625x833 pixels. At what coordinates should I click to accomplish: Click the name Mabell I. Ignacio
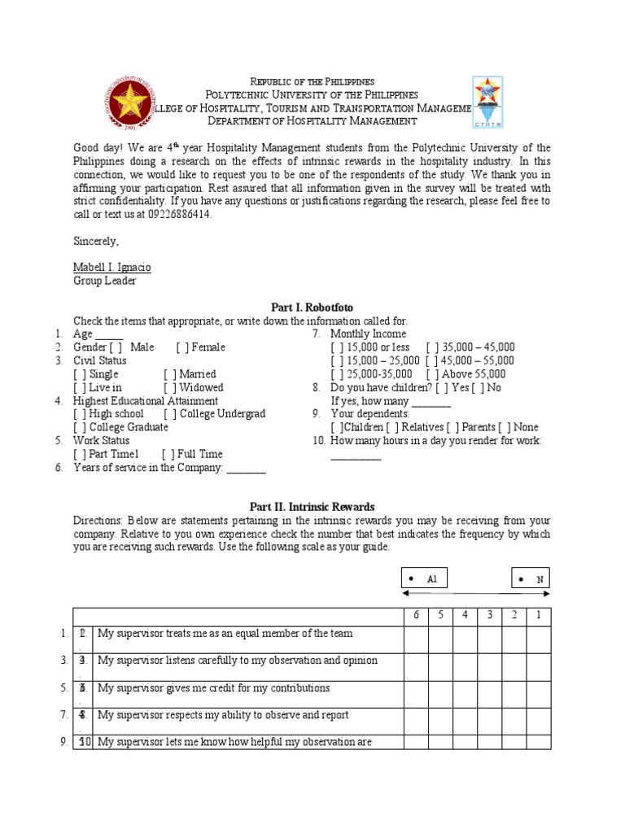pos(111,268)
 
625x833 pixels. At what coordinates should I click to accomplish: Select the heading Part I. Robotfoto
pos(312,307)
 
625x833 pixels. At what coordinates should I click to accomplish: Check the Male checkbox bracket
pos(116,347)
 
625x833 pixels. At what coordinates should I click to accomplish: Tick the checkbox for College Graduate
pos(80,427)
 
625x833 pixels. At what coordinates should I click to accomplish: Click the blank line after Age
pos(109,334)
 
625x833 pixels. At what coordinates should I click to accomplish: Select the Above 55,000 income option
pos(432,374)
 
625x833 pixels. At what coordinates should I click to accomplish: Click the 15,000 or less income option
pos(337,347)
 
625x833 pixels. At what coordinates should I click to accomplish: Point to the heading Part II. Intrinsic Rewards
pos(312,507)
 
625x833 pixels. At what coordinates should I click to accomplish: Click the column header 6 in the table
pos(415,615)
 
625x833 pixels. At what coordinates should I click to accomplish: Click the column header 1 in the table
pos(538,615)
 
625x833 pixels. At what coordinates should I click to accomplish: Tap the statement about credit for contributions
pos(213,688)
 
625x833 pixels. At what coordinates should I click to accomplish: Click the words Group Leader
pos(105,281)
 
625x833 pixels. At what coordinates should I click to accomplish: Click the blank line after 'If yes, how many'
pos(431,402)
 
